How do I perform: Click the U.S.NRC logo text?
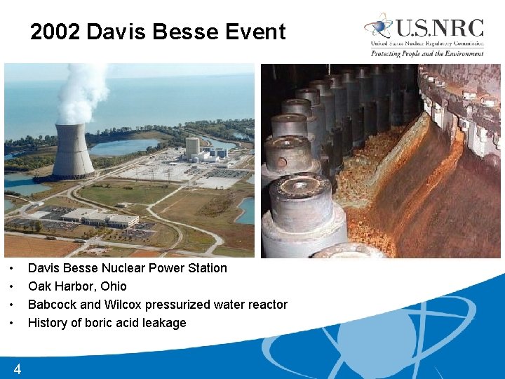point(439,28)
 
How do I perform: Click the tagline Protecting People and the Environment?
point(427,53)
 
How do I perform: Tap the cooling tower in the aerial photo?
point(72,151)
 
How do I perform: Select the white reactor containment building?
point(191,147)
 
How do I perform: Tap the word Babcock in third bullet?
point(52,305)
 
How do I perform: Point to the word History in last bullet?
point(47,323)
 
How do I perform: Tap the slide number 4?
point(17,369)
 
